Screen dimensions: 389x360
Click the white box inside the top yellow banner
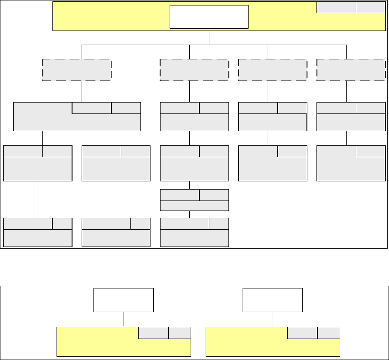[x=209, y=17]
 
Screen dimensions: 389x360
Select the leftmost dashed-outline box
[x=77, y=70]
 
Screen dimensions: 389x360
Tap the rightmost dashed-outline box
[x=351, y=70]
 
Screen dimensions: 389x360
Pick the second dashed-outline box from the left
[x=194, y=70]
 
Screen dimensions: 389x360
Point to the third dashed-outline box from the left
[x=273, y=70]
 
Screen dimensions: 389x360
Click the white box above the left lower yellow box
[x=124, y=300]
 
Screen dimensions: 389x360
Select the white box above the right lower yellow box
[x=273, y=300]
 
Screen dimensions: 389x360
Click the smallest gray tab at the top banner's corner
[x=370, y=7]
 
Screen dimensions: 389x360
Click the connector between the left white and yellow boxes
[x=124, y=319]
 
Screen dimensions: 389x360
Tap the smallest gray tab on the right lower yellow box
[x=328, y=333]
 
